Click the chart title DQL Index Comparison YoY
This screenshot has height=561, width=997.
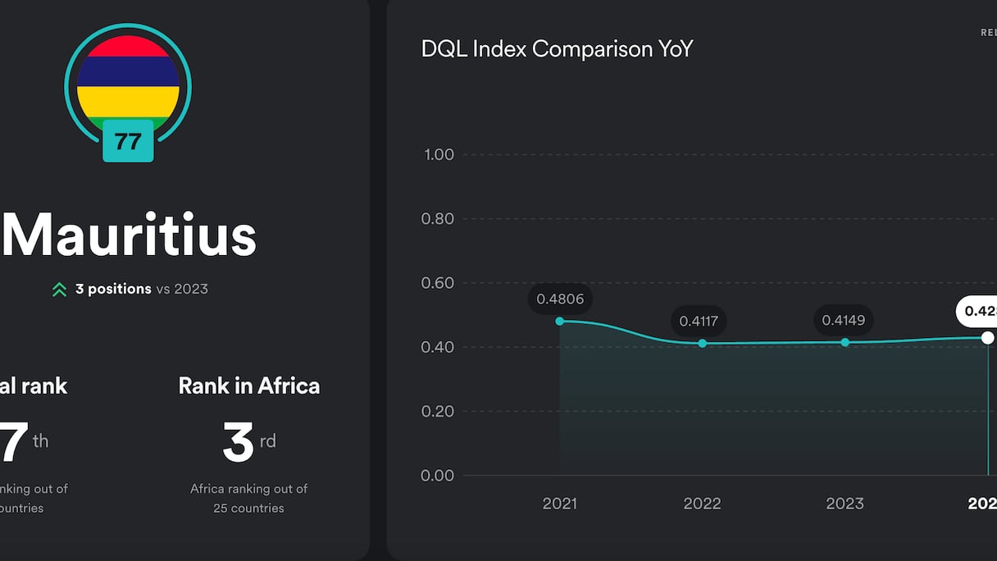557,49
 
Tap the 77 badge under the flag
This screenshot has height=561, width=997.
128,141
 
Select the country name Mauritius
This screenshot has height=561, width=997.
130,235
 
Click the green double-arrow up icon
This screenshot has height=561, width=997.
59,290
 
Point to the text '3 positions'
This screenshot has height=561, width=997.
113,289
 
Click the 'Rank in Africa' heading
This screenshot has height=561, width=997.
249,385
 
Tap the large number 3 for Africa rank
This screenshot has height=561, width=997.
238,443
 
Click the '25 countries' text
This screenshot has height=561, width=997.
248,508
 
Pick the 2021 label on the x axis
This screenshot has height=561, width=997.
560,504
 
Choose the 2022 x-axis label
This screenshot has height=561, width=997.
702,504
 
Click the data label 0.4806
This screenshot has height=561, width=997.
560,299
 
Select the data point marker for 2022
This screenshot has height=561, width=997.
703,344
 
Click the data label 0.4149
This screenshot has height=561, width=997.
844,320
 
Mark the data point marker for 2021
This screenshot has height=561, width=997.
560,322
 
